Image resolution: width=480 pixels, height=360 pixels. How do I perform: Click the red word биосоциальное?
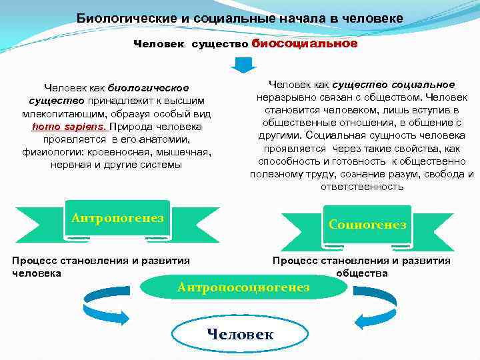point(305,43)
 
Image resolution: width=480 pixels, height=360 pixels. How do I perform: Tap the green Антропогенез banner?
point(117,219)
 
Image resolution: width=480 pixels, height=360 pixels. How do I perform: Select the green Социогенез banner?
point(367,225)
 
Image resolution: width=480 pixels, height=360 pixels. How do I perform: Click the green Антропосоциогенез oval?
point(244,287)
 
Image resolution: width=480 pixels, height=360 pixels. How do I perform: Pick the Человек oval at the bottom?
point(240,334)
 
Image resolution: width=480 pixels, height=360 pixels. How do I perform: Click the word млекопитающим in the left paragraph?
point(61,113)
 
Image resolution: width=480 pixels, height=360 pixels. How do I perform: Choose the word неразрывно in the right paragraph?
point(291,97)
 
